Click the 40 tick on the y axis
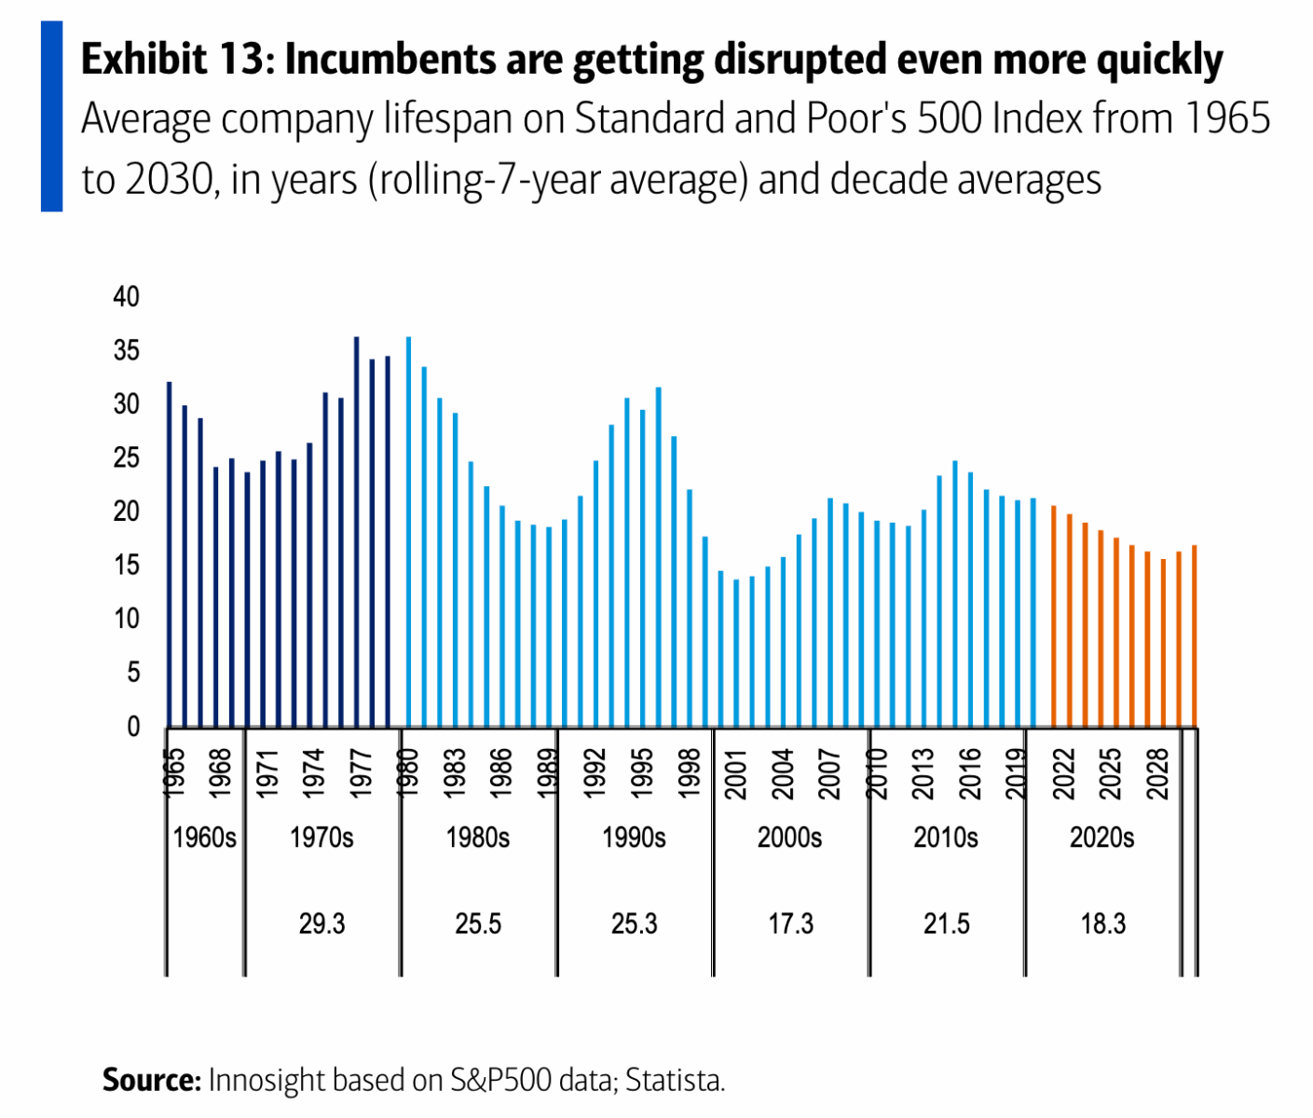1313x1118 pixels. pos(126,297)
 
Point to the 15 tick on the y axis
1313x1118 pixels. pos(126,566)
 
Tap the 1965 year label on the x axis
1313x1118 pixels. pos(173,773)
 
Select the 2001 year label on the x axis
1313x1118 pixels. pos(735,773)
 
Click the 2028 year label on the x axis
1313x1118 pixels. pos(1156,773)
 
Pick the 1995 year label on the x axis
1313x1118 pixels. pos(641,773)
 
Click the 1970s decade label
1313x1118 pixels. pos(321,838)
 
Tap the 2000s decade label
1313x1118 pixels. pos(789,838)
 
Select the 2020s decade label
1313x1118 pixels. pos(1101,838)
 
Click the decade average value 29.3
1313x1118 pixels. pos(321,923)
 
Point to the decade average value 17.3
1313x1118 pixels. pos(790,923)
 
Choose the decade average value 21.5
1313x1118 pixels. pos(946,923)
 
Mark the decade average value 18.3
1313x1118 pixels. pos(1102,923)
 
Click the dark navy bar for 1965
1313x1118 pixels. pos(169,559)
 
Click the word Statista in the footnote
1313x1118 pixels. pos(675,1080)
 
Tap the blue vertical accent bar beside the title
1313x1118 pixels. pos(51,116)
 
